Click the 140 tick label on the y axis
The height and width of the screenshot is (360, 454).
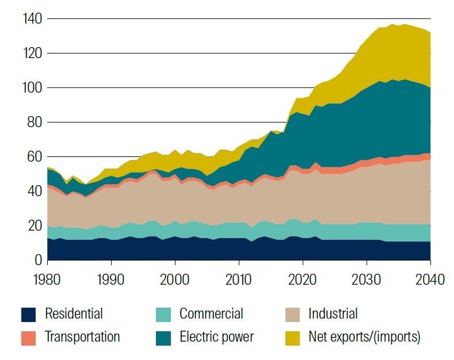point(31,19)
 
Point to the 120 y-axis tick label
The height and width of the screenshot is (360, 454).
point(31,53)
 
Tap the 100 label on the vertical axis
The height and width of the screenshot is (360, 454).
point(31,88)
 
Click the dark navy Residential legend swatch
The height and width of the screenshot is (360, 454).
point(28,314)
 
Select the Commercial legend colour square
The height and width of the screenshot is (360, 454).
point(163,314)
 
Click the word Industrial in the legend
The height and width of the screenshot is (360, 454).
point(333,314)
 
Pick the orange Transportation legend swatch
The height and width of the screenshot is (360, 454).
point(28,337)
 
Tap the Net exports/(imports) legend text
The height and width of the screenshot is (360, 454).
point(364,337)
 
